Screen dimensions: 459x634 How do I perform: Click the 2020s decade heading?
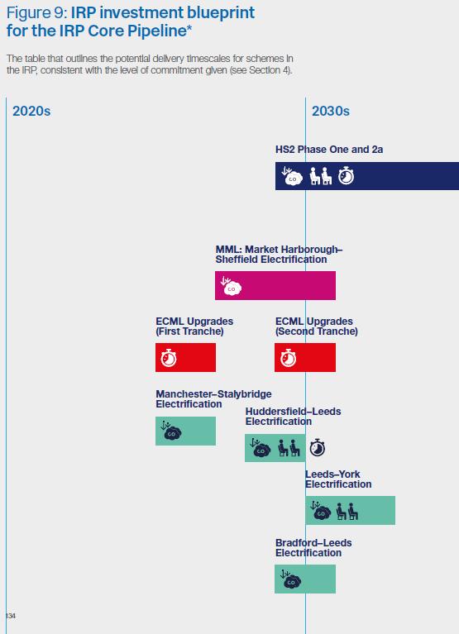point(31,112)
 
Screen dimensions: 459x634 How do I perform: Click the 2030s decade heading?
point(331,112)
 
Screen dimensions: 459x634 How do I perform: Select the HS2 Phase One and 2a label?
point(329,150)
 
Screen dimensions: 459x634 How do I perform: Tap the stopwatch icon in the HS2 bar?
point(347,176)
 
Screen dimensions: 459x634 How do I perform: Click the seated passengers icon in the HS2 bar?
point(321,176)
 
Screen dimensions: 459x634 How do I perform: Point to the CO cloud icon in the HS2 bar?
point(292,176)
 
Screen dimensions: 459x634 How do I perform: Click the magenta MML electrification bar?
point(275,285)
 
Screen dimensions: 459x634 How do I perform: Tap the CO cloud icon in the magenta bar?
point(232,286)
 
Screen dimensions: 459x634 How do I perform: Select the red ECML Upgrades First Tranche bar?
point(185,357)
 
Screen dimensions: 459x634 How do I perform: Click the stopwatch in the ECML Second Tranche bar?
point(289,358)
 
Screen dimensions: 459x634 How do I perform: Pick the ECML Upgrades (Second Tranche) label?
point(317,327)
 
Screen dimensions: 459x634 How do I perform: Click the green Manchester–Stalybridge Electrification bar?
point(185,431)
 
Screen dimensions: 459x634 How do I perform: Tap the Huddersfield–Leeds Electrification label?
point(294,417)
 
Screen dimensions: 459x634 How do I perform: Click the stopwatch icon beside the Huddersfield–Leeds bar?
point(318,447)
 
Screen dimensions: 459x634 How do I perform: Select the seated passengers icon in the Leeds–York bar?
point(347,512)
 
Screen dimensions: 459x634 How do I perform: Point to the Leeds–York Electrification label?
point(338,479)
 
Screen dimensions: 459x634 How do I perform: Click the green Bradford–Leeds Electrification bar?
point(305,579)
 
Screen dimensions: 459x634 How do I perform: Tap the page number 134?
point(11,616)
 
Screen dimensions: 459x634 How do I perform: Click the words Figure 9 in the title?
point(36,13)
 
